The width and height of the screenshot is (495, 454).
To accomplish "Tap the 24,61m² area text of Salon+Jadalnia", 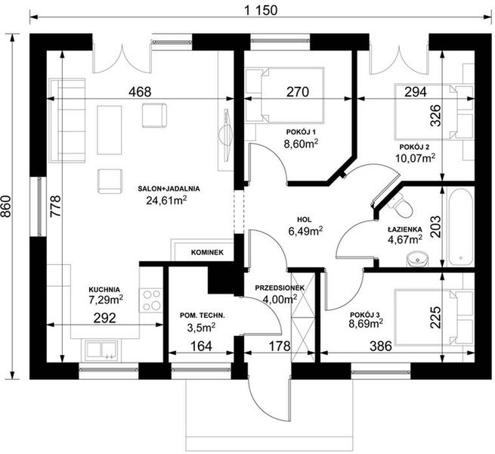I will (167, 201).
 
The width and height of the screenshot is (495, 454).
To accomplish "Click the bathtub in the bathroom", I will (460, 227).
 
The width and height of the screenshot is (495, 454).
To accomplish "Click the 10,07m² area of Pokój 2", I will (418, 158).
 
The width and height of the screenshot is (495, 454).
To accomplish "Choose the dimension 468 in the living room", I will (140, 92).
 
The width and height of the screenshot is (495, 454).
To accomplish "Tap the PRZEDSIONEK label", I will (279, 288).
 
